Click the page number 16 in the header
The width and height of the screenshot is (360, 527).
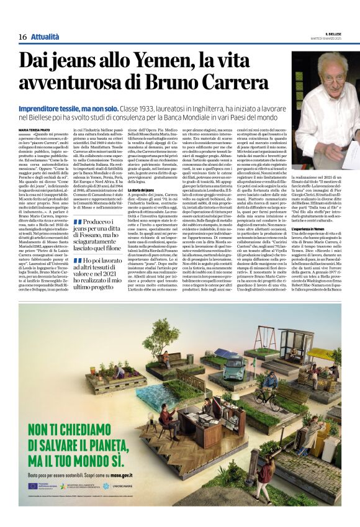point(22,37)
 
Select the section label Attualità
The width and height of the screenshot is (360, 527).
point(45,37)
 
